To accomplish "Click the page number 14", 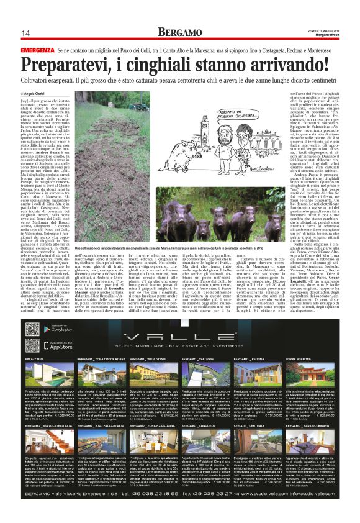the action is [x=26, y=33].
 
